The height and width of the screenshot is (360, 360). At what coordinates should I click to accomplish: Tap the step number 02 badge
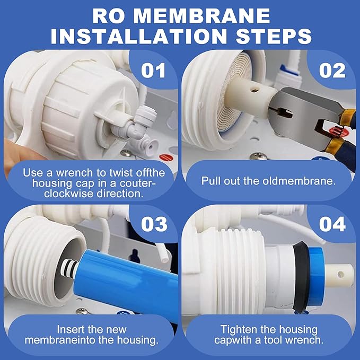[x=332, y=71]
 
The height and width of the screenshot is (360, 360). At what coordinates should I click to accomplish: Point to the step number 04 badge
[x=332, y=224]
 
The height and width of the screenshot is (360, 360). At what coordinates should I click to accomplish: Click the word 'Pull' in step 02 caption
[x=212, y=180]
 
